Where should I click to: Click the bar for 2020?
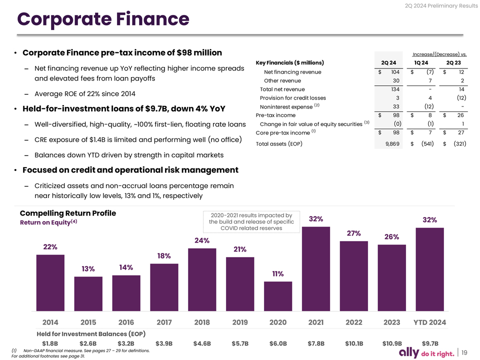point(278,296)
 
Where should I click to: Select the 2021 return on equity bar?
point(316,269)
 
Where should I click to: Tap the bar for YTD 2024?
point(430,269)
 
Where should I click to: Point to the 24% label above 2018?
point(202,240)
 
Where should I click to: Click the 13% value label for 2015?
point(88,269)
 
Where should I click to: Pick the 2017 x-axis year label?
point(164,322)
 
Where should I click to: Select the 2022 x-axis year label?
point(354,322)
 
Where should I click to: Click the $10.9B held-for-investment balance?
point(392,343)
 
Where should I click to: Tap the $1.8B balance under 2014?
point(50,343)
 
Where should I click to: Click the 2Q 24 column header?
point(388,63)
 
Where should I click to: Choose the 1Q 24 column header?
point(421,63)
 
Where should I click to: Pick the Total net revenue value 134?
point(395,89)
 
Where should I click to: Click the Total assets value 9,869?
point(392,144)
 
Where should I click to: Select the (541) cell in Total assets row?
point(427,143)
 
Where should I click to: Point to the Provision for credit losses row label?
point(292,98)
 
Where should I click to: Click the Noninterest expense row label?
point(286,107)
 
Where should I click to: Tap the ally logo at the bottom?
point(409,352)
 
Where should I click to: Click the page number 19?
point(464,352)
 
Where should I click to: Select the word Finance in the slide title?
point(153,19)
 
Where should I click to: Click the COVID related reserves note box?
point(251,222)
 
